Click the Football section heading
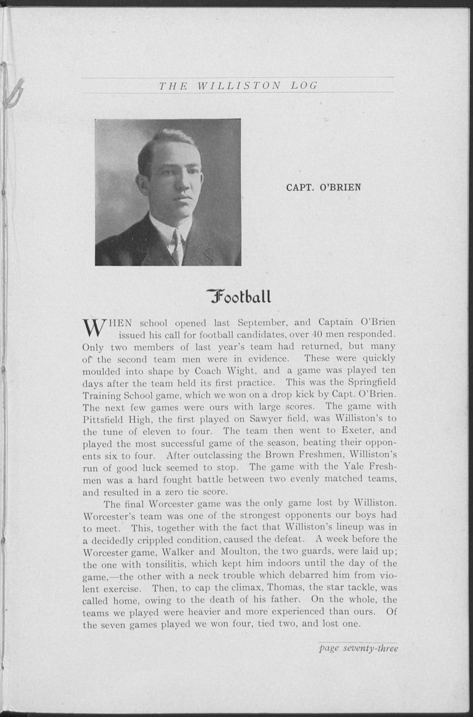pyautogui.click(x=239, y=297)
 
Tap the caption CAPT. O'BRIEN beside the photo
pyautogui.click(x=323, y=187)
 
